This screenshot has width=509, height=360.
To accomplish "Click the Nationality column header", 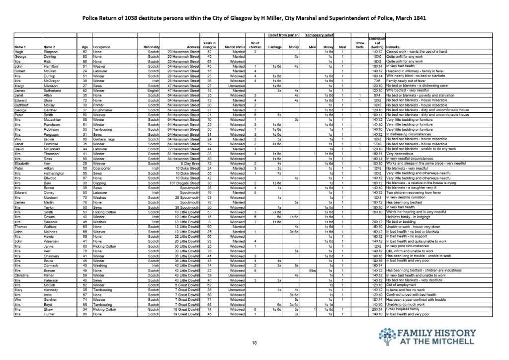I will pyautogui.click(x=150, y=48).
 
